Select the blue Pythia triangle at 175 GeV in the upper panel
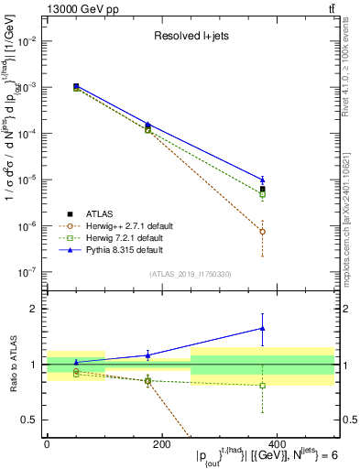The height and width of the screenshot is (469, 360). point(148,124)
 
